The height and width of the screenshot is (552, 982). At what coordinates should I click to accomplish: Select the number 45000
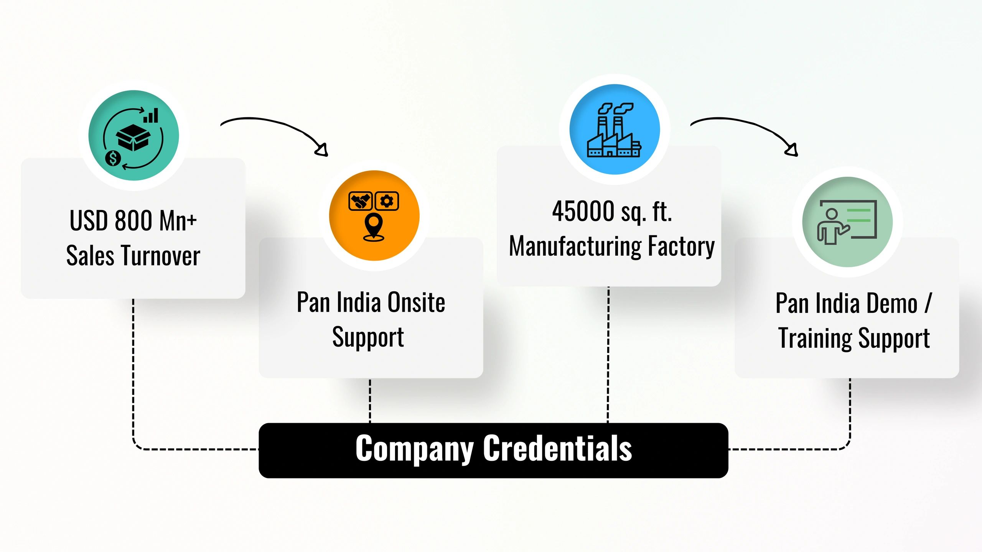click(583, 211)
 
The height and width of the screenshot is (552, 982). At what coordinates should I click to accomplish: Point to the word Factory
click(681, 246)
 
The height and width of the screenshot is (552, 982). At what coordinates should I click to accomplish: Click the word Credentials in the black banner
click(557, 449)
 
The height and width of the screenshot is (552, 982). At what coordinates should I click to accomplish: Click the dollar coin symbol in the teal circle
click(113, 158)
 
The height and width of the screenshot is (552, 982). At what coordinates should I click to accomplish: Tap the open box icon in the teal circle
click(133, 137)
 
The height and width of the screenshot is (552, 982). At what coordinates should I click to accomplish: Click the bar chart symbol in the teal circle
click(151, 115)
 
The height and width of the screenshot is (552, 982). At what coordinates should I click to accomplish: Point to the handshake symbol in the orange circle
click(360, 201)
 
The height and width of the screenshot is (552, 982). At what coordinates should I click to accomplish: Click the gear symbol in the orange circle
click(387, 201)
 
